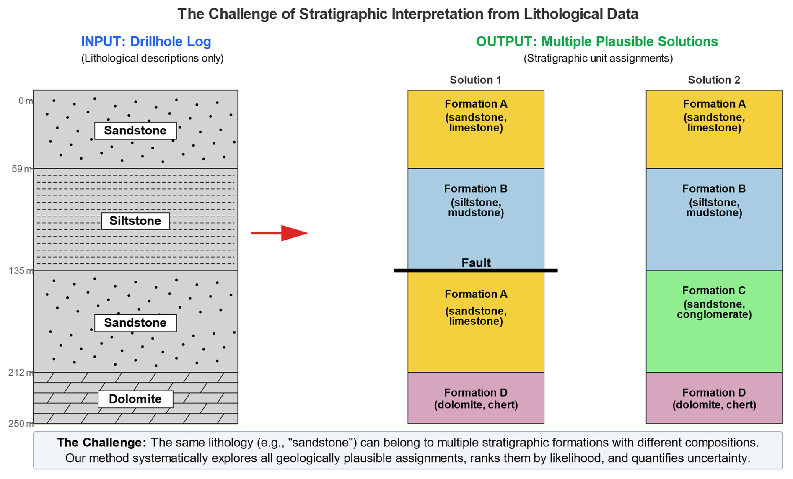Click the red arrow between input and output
pos(280,233)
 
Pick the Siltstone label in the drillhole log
pos(135,221)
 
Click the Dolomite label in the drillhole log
pos(135,399)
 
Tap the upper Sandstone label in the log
pos(135,131)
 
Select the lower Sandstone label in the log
pos(135,323)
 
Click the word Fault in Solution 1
pos(476,263)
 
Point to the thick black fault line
pos(476,270)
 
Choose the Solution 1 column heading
pos(475,80)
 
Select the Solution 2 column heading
pos(714,80)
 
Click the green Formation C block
pos(714,335)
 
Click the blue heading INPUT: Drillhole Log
pos(146,41)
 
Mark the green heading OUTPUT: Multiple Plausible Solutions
pos(597,41)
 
